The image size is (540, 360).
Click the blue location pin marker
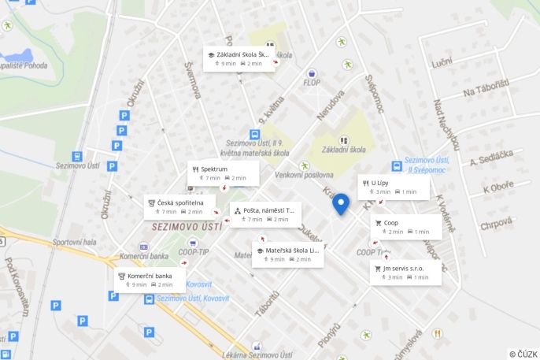click(x=341, y=203)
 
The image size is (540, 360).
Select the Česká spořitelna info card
click(x=179, y=206)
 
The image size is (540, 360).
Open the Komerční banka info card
click(x=150, y=280)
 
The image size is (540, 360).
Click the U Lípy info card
click(x=394, y=187)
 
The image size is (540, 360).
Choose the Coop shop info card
click(x=406, y=227)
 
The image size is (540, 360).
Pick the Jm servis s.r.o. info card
click(x=405, y=272)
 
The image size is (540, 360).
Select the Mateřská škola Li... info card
click(x=288, y=254)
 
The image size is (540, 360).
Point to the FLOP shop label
click(x=312, y=82)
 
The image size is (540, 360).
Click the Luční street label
click(x=442, y=61)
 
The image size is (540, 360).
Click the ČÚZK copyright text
click(x=523, y=354)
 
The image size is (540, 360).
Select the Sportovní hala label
click(x=76, y=243)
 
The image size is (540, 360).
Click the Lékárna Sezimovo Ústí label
click(x=257, y=355)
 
